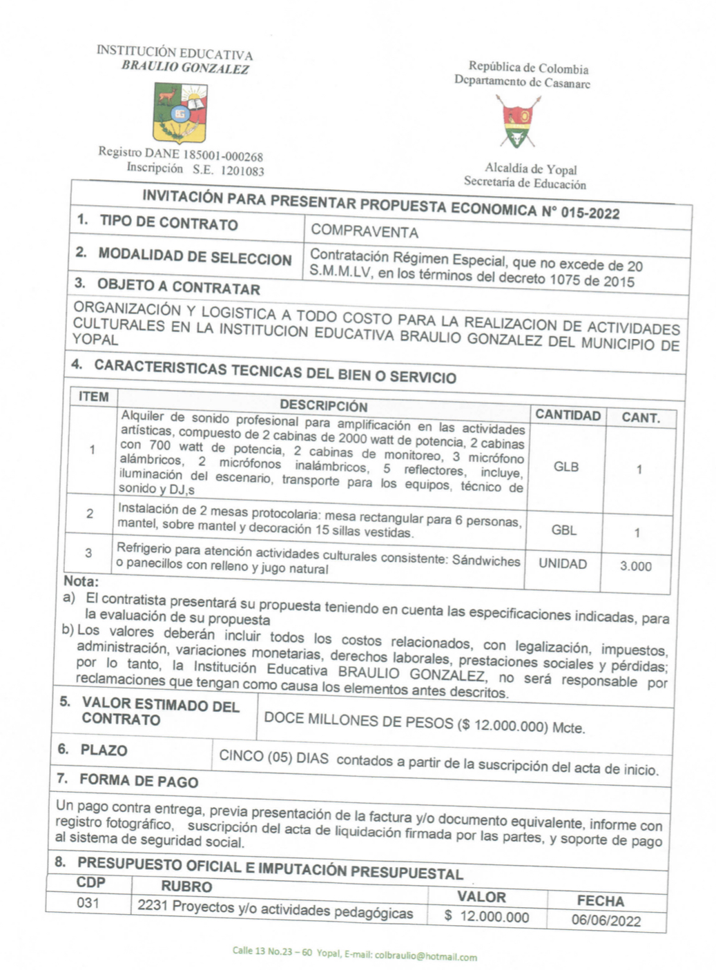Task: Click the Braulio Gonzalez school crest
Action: coord(180,112)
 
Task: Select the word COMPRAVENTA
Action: coord(364,231)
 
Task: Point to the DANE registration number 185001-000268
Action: coord(218,155)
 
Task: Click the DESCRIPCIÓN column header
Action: coord(323,406)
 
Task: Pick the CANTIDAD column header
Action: coord(568,415)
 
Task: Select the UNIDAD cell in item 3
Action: coord(563,563)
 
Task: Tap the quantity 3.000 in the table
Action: coord(635,566)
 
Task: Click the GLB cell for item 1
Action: coord(565,467)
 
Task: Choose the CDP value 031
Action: coord(88,902)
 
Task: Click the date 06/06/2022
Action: coord(606,920)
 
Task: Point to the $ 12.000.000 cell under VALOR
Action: coord(487,916)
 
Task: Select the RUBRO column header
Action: coord(186,886)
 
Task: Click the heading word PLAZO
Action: coord(104,750)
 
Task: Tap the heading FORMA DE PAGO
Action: coord(139,781)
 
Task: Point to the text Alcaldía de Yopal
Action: coord(530,168)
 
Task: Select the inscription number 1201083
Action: coord(242,171)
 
